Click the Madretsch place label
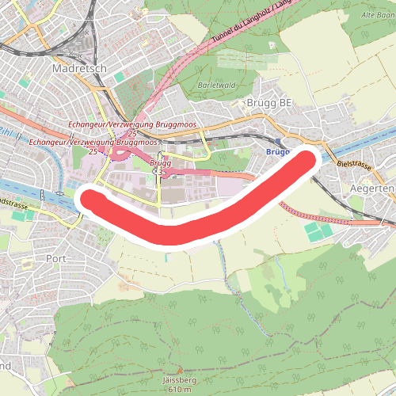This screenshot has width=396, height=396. click(79, 70)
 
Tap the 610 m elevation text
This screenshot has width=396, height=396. click(181, 390)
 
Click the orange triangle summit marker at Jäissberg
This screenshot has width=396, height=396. click(181, 370)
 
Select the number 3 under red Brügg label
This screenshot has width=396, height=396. click(161, 171)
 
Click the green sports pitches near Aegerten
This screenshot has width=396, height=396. click(318, 231)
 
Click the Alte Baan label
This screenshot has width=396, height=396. click(379, 16)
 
